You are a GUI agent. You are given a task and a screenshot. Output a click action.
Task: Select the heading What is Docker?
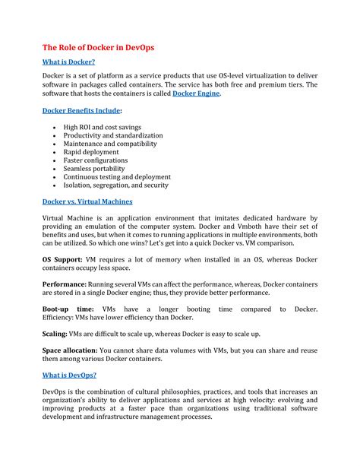pyautogui.click(x=70, y=62)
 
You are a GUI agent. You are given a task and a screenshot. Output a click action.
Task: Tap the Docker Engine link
pyautogui.click(x=196, y=94)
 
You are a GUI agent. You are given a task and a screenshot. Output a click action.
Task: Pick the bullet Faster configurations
pyautogui.click(x=96, y=160)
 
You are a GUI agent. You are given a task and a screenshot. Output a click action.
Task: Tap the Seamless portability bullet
pyautogui.click(x=95, y=168)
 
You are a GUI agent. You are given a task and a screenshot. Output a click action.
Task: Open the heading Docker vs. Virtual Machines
pyautogui.click(x=87, y=201)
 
